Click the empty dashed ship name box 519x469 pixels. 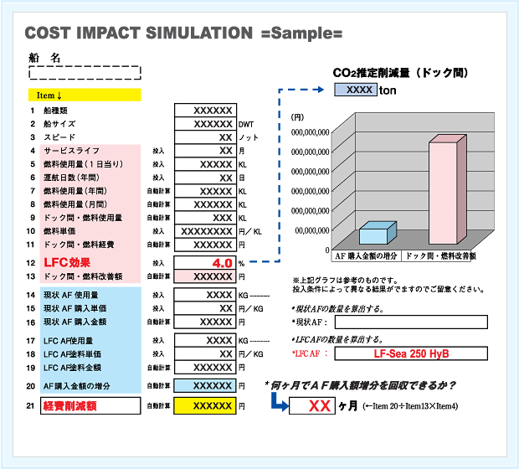(85, 73)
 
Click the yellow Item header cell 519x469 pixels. (85, 95)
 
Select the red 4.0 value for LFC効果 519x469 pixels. (223, 263)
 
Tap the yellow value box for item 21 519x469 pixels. (205, 405)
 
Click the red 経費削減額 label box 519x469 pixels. (90, 405)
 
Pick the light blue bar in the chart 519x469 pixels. (378, 233)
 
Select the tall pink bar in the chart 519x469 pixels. (448, 189)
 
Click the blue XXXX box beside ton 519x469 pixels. (356, 90)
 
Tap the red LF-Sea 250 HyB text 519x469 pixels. (411, 353)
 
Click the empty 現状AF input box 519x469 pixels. (411, 322)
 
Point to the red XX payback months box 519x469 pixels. (312, 405)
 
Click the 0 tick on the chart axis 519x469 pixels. (327, 250)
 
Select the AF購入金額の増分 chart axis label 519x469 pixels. (366, 256)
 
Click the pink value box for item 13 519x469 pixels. (205, 276)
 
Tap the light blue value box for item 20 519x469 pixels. (205, 386)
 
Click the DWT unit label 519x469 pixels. (246, 125)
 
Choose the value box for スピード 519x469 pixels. (205, 137)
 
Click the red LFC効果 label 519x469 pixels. (67, 263)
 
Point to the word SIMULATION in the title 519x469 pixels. (199, 33)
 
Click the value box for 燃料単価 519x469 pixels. (205, 231)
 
